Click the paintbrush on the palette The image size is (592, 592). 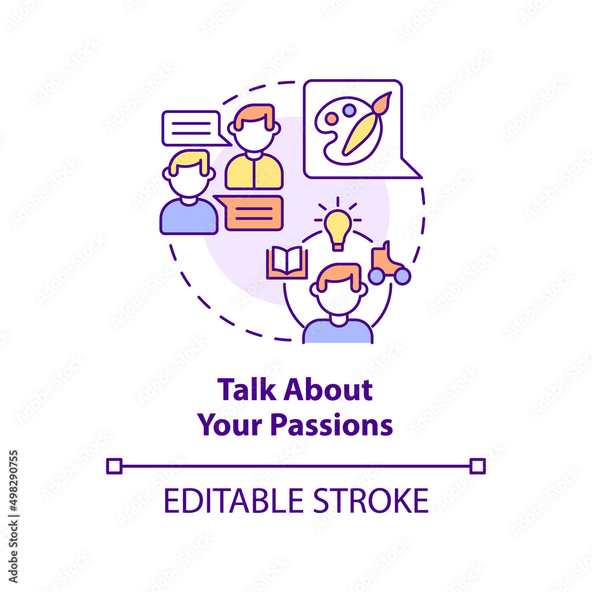366,124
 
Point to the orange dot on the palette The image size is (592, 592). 331,119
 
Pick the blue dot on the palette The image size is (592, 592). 349,110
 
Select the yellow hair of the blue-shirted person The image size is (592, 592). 189,161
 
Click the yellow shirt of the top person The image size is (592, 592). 254,172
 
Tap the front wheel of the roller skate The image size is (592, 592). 376,276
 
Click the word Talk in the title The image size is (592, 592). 246,390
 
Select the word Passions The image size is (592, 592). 332,426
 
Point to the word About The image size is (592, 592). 328,390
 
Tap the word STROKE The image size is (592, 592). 371,501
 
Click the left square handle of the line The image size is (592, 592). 114,466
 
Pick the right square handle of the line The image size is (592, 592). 478,466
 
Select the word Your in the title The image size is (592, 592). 230,426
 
